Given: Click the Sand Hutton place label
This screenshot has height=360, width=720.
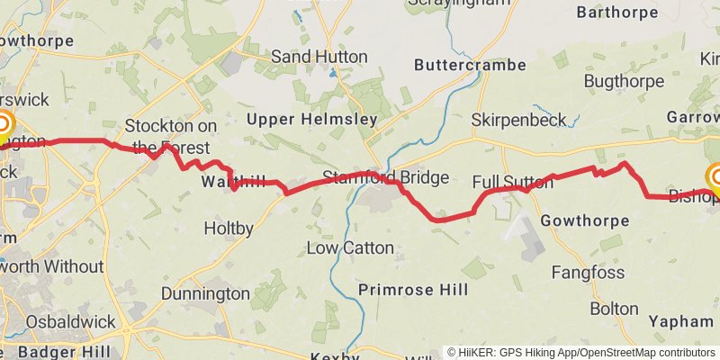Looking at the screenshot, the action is pos(319,57).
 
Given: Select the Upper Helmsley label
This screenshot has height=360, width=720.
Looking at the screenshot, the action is pos(300,120).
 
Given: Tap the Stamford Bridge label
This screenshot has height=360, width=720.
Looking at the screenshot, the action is pos(385,177).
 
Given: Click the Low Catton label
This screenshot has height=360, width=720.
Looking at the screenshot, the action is pos(350,247).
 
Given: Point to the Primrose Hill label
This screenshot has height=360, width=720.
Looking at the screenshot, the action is pos(413,290).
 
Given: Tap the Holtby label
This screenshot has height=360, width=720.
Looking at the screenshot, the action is pos(229,229).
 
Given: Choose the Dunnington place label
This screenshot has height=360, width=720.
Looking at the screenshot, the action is pos(205,293).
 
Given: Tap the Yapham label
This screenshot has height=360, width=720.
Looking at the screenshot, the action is pos(680,321).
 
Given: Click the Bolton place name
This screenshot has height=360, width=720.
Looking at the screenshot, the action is pos(614,308).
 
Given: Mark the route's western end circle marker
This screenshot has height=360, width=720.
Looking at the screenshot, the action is pos(3,125).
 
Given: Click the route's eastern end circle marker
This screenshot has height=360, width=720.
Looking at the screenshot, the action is pos(717,175).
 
